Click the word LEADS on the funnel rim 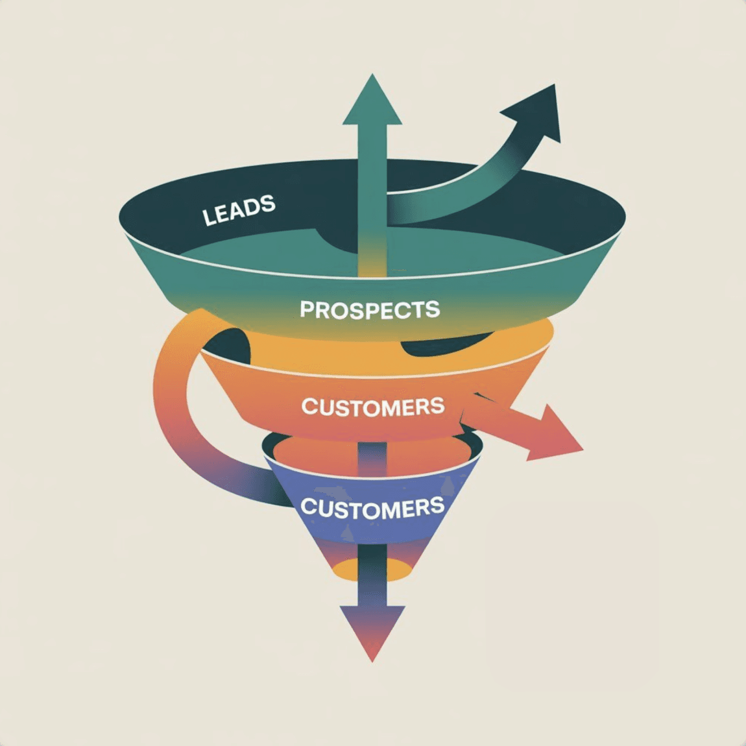pyautogui.click(x=239, y=210)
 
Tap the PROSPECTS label pyautogui.click(x=370, y=309)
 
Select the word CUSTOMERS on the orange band pyautogui.click(x=373, y=407)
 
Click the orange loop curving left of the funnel pyautogui.click(x=172, y=402)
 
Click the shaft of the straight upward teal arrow pyautogui.click(x=372, y=195)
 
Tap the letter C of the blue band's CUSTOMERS pyautogui.click(x=308, y=507)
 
